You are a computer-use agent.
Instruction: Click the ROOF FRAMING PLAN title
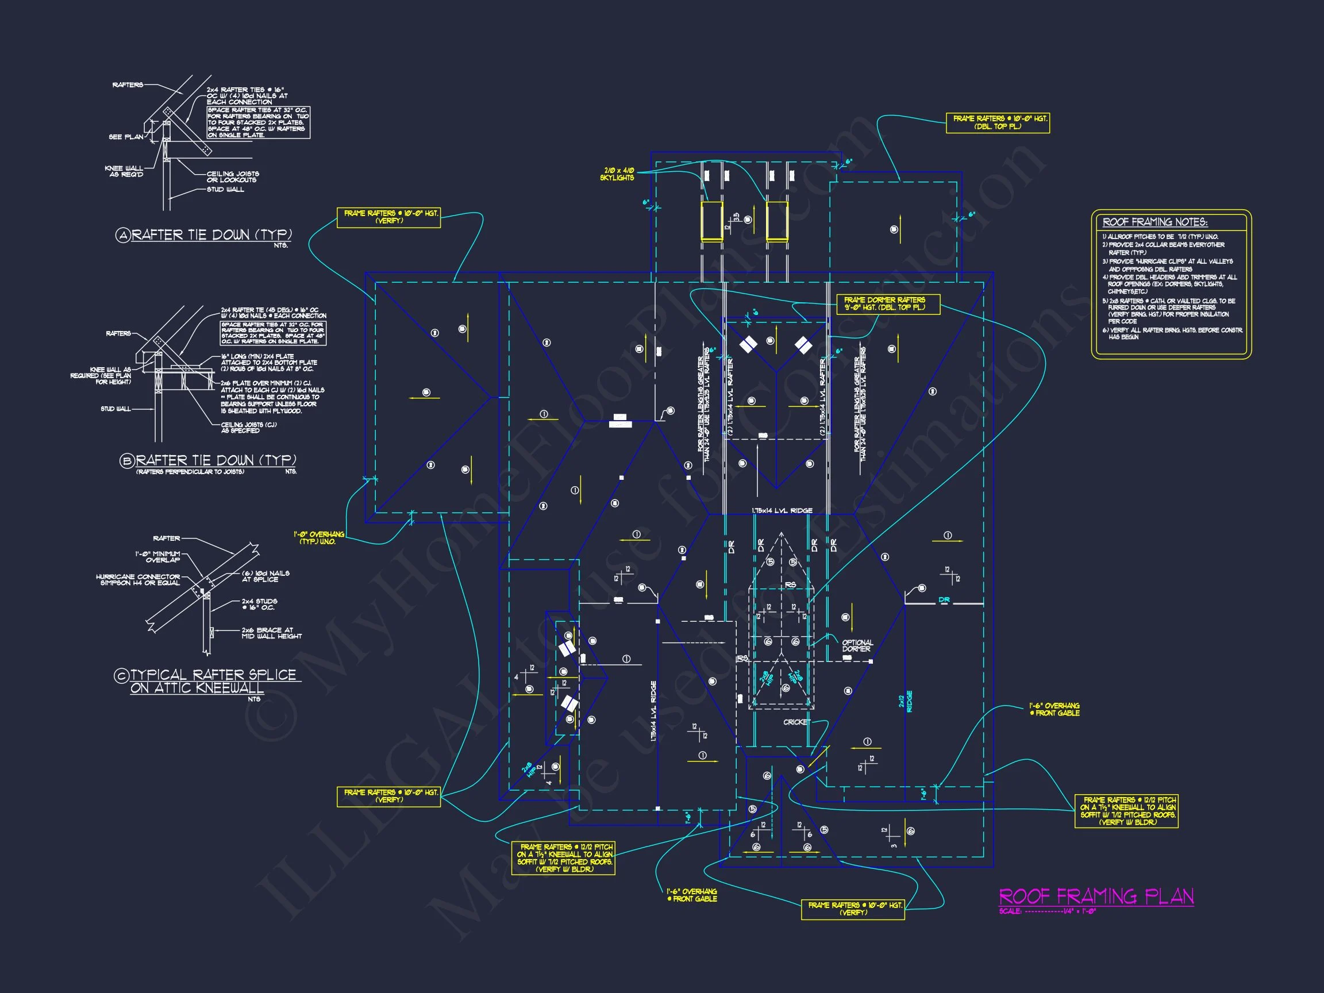point(1096,896)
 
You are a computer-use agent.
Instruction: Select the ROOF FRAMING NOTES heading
point(1154,222)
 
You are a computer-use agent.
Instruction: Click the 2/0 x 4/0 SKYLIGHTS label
point(618,174)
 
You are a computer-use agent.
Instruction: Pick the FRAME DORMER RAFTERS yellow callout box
point(888,303)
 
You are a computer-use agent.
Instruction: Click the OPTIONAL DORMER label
point(857,645)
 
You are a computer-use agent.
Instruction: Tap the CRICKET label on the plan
point(796,722)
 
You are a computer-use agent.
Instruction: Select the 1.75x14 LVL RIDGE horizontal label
point(782,510)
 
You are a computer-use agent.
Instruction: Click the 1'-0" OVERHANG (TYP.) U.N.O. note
point(318,537)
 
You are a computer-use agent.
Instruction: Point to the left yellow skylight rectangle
point(711,221)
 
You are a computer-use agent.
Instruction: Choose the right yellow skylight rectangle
point(777,221)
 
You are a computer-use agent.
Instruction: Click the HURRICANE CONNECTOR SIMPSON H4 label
point(138,579)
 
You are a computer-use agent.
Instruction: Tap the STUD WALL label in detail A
point(225,190)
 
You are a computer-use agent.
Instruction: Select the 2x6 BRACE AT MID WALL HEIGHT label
point(271,633)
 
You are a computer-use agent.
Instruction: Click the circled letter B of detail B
point(126,461)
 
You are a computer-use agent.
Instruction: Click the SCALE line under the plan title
point(1047,911)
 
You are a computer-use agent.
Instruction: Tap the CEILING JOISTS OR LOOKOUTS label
point(233,176)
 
